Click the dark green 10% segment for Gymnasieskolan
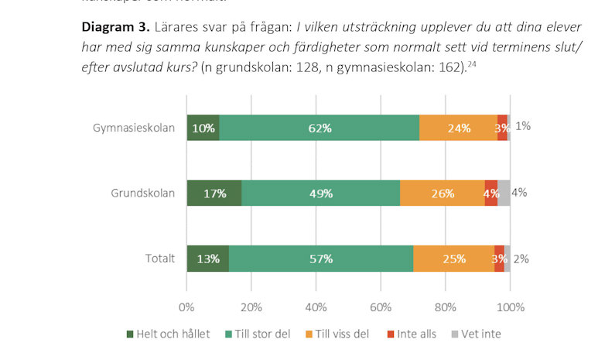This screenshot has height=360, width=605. (203, 128)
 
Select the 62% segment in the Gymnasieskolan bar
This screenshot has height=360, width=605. (319, 128)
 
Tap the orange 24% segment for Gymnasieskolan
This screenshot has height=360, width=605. (458, 128)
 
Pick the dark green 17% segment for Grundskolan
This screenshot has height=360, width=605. (214, 193)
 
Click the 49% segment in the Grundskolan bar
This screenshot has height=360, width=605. (320, 193)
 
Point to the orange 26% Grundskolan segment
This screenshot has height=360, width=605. (442, 193)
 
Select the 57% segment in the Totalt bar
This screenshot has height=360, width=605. (321, 258)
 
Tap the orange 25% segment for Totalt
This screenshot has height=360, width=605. (453, 258)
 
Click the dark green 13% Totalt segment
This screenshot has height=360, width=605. (207, 258)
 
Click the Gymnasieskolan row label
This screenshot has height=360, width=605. (134, 128)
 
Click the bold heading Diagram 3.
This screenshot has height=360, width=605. (115, 26)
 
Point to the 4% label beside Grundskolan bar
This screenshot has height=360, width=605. (519, 193)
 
